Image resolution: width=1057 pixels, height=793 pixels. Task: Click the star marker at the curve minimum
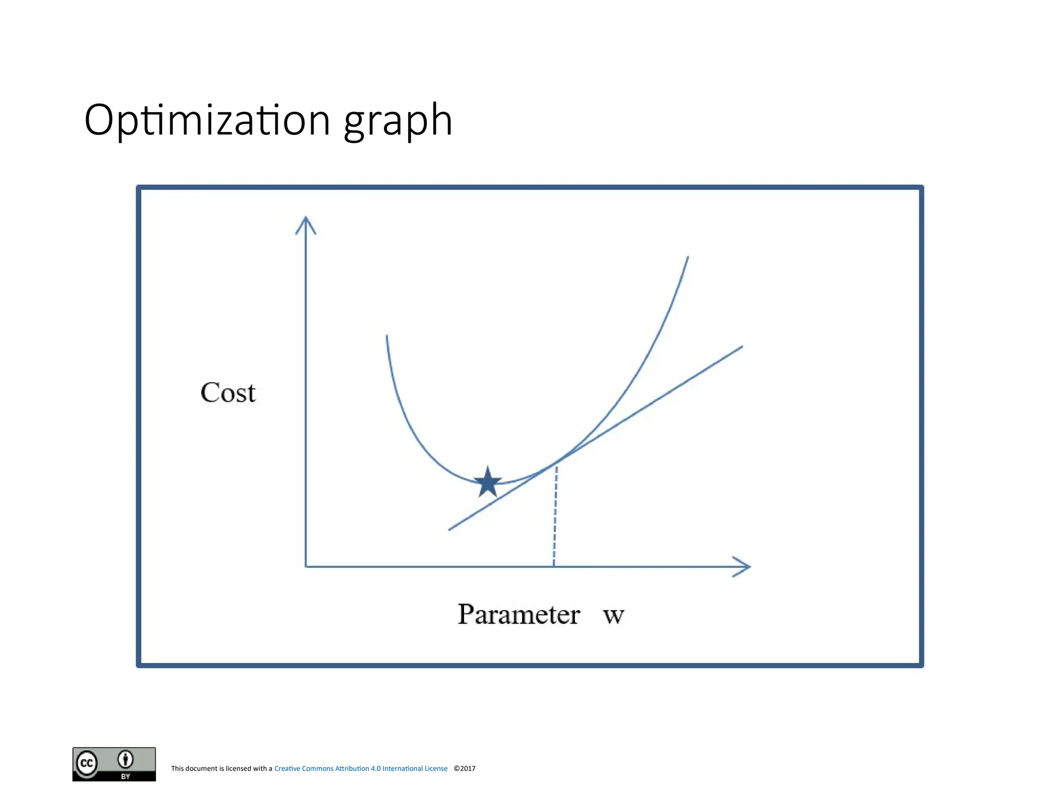(488, 482)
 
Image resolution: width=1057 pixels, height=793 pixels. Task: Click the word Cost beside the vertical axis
(228, 393)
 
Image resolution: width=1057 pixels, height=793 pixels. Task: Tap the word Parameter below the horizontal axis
(519, 614)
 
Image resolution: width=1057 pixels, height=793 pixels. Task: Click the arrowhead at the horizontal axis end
(743, 567)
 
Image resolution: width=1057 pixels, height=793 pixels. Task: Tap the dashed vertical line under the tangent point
(555, 516)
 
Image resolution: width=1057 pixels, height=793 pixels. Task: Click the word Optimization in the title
(207, 120)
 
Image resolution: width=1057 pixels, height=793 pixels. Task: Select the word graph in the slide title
(398, 121)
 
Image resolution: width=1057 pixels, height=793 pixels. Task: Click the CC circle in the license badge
(87, 763)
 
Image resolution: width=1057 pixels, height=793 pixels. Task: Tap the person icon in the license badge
(125, 759)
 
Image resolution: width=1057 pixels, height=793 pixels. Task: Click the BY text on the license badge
(125, 776)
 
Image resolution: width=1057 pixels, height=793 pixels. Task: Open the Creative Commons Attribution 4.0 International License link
(361, 768)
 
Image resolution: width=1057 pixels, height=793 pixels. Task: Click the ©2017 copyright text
(465, 768)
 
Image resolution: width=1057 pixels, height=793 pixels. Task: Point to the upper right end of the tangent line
(741, 347)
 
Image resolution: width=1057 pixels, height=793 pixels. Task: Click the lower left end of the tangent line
(450, 529)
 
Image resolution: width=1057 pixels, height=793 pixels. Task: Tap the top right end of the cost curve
(688, 257)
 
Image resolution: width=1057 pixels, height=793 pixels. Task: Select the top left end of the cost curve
(387, 336)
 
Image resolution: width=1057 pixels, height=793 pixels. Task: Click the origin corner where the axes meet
(306, 567)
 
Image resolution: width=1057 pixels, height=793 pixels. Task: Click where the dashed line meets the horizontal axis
(554, 567)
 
